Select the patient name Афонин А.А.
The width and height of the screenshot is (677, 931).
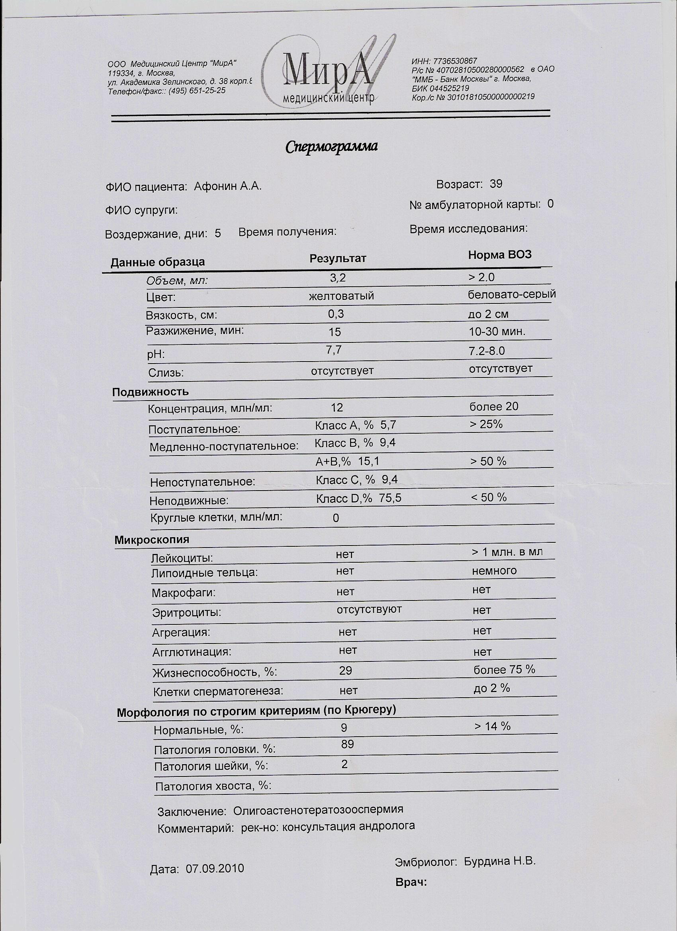227,186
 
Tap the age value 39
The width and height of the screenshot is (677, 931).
496,184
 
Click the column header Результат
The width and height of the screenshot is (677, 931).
337,258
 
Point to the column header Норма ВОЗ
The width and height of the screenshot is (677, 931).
500,255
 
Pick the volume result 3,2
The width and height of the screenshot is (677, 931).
338,278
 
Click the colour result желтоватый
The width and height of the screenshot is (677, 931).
341,296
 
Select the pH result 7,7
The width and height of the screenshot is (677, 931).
334,350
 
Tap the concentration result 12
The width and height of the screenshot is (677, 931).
337,407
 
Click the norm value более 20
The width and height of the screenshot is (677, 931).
494,407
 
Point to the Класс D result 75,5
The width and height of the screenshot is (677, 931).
391,498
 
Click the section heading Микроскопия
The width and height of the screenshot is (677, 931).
152,540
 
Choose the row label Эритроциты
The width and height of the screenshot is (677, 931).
186,612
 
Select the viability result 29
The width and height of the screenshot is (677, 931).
346,670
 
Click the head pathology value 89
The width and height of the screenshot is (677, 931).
347,744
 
